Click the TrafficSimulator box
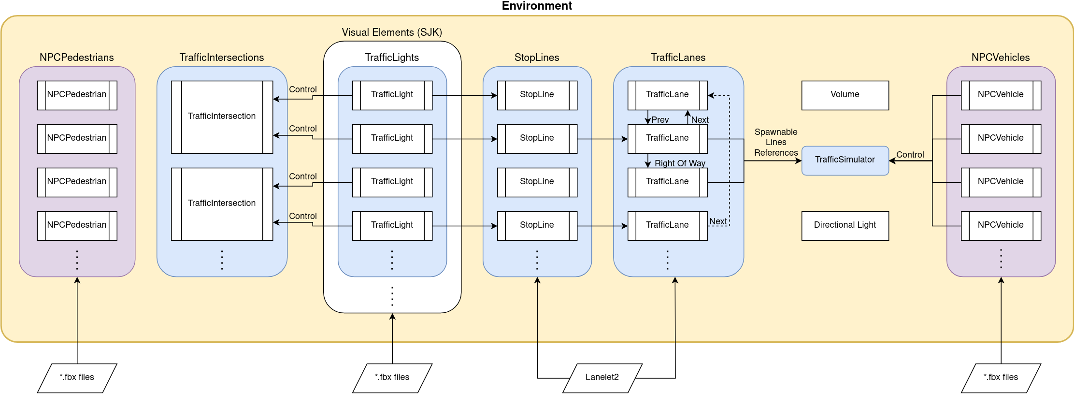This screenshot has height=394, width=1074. pyautogui.click(x=845, y=160)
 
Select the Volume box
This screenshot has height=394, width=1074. pyautogui.click(x=845, y=95)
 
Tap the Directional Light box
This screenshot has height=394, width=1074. pyautogui.click(x=845, y=225)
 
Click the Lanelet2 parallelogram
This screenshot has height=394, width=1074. pyautogui.click(x=602, y=378)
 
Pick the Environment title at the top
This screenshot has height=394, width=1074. pyautogui.click(x=536, y=6)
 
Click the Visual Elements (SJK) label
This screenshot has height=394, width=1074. pyautogui.click(x=392, y=32)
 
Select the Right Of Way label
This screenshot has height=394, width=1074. pyautogui.click(x=679, y=163)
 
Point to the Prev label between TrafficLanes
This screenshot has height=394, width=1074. pyautogui.click(x=660, y=120)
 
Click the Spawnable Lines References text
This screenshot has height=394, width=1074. pyautogui.click(x=776, y=143)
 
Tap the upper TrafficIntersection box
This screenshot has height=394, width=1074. pyautogui.click(x=222, y=117)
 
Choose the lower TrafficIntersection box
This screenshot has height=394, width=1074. pyautogui.click(x=222, y=204)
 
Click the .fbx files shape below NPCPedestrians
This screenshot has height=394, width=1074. pyautogui.click(x=77, y=378)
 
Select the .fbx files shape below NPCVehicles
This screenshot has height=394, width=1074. pyautogui.click(x=1001, y=378)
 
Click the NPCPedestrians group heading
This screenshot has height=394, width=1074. pyautogui.click(x=77, y=58)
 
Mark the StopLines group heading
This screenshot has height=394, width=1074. pyautogui.click(x=537, y=58)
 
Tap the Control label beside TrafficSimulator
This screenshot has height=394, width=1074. pyautogui.click(x=910, y=155)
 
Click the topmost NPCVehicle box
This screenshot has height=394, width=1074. pyautogui.click(x=1001, y=95)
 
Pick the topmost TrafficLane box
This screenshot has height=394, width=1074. pyautogui.click(x=667, y=95)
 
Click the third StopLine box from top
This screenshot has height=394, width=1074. pyautogui.click(x=537, y=182)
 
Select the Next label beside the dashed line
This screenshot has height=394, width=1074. pyautogui.click(x=717, y=221)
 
